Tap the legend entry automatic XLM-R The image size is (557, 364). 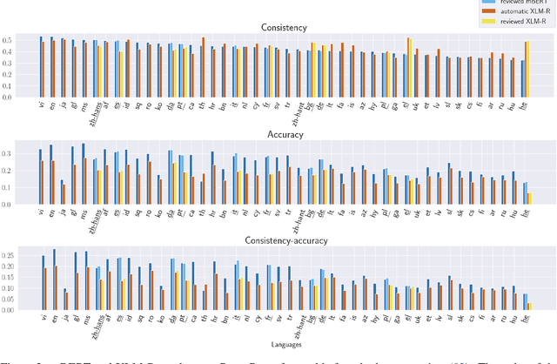tap(517, 12)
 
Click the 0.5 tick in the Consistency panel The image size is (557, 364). tap(30, 40)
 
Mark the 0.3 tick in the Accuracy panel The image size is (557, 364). tap(30, 153)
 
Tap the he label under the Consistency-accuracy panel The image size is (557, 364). tap(524, 320)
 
